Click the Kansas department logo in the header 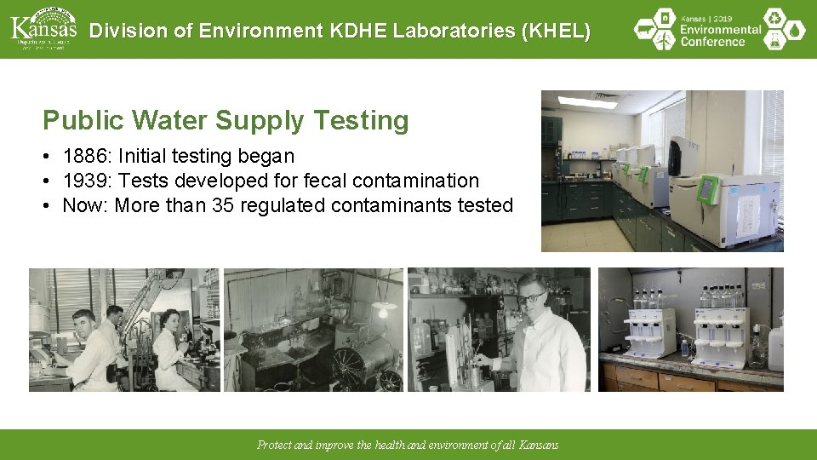(x=43, y=29)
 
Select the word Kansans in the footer (x=538, y=445)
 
